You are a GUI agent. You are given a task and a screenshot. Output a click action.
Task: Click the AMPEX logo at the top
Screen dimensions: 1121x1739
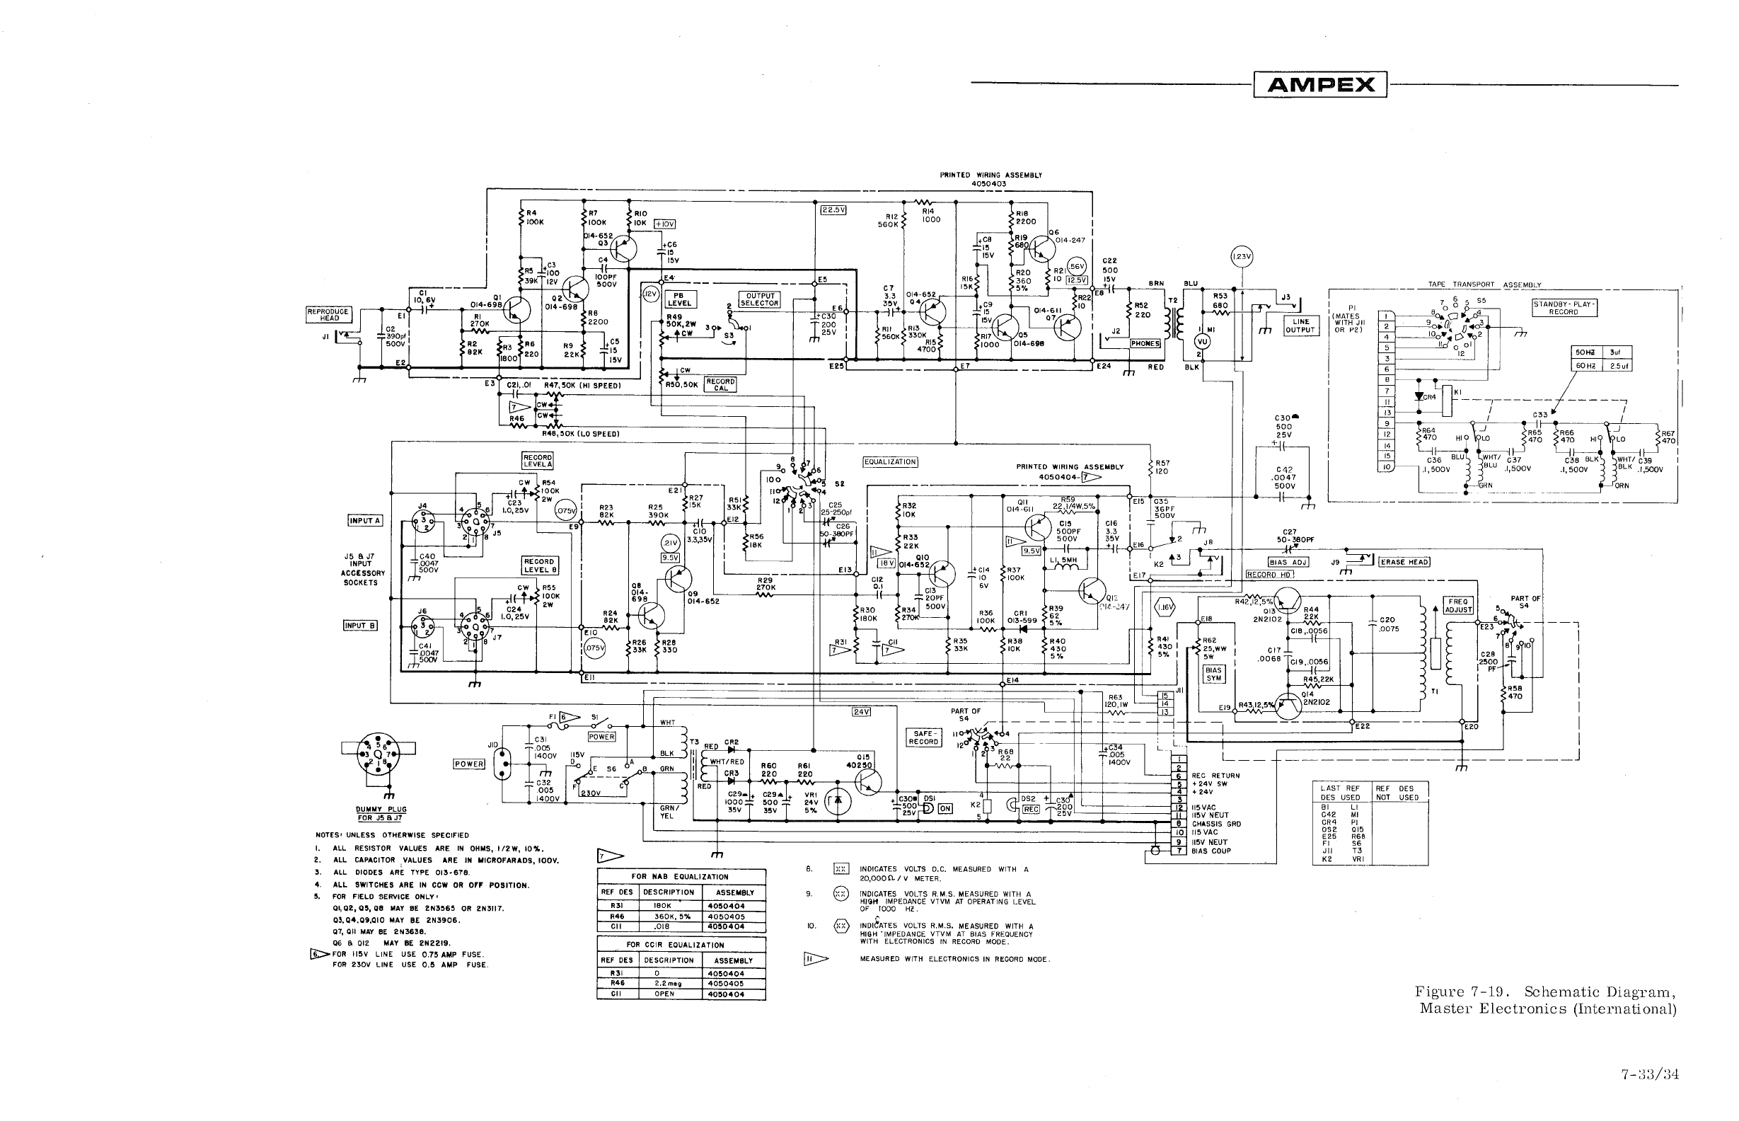(1320, 84)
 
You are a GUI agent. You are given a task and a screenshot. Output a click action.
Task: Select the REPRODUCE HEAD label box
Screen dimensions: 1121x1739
(329, 314)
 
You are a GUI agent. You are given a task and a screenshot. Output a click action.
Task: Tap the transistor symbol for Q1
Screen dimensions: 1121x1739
(517, 309)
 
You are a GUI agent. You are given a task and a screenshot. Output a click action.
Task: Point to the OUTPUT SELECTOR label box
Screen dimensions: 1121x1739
(759, 299)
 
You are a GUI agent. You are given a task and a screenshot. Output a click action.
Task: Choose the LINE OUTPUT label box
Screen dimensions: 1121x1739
(1300, 326)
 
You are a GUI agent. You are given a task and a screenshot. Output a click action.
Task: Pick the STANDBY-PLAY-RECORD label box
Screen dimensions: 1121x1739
(1564, 307)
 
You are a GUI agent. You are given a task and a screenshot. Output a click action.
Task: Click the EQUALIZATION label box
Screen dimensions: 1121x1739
(890, 461)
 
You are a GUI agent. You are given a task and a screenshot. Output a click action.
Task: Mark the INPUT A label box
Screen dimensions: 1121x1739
(364, 520)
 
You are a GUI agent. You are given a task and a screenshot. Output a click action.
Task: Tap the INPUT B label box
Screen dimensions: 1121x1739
(359, 626)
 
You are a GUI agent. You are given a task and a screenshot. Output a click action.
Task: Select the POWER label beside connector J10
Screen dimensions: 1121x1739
(468, 764)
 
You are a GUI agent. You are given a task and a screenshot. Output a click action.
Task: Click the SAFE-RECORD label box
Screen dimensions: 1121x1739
(923, 737)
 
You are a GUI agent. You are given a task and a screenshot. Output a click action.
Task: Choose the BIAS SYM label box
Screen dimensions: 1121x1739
(1213, 674)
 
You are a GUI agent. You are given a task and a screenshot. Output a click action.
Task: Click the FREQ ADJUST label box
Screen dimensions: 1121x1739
(1457, 606)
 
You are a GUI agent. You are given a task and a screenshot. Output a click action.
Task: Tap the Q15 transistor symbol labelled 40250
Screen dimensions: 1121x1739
(867, 782)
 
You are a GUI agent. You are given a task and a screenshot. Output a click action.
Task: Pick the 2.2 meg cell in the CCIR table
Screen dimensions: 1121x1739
(664, 983)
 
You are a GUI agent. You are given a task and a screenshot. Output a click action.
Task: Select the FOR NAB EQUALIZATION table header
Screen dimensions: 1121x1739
(681, 876)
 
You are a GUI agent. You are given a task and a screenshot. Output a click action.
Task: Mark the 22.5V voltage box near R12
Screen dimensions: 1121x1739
(833, 209)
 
